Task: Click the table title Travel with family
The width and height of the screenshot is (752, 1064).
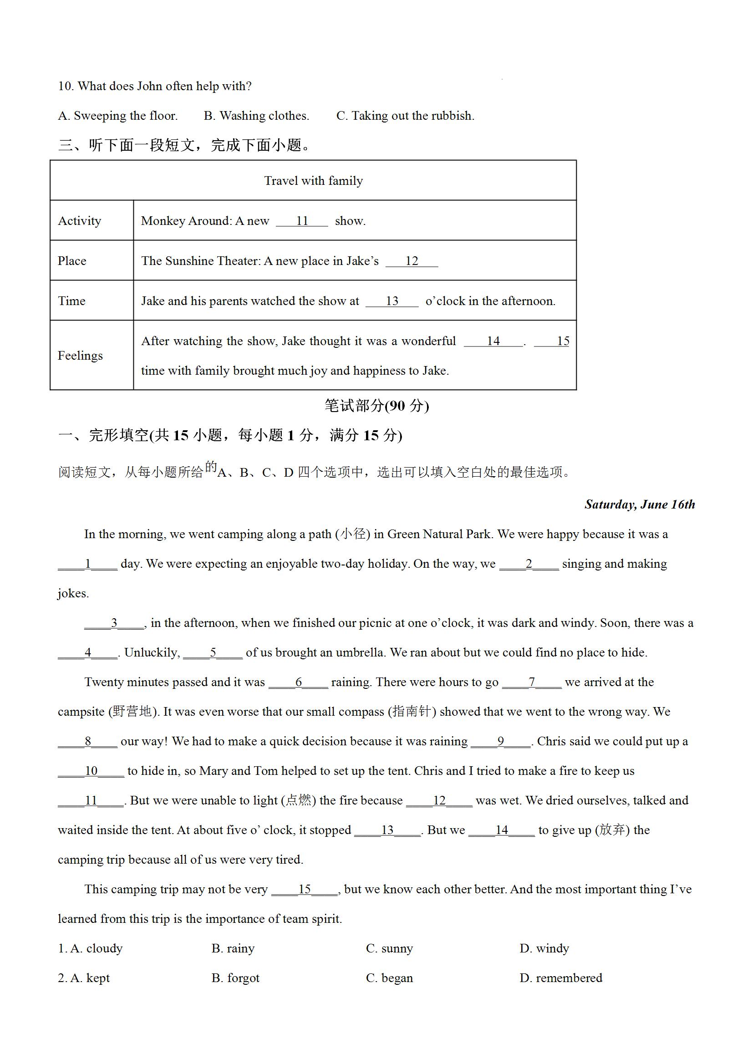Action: (313, 181)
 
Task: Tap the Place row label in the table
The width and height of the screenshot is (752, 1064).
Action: (72, 261)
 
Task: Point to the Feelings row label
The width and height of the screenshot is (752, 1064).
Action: (80, 356)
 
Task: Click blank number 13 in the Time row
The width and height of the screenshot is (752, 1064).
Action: (392, 301)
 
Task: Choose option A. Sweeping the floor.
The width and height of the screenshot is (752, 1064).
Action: (118, 116)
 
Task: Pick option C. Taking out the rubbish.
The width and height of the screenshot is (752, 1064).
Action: (406, 116)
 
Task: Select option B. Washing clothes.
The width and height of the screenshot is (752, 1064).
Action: (256, 116)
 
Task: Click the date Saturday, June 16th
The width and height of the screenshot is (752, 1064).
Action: (640, 504)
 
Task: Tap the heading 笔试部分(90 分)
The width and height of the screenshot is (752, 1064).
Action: (377, 406)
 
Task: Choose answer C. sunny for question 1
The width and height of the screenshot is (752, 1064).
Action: (389, 949)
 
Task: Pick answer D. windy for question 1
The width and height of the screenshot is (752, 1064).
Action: (544, 949)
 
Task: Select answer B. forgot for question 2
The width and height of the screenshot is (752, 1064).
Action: (235, 978)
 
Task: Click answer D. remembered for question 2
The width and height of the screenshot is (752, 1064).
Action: (561, 978)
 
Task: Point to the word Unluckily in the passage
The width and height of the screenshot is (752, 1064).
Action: (152, 652)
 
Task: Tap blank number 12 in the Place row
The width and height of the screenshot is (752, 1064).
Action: (412, 261)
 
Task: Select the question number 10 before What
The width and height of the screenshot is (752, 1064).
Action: (66, 86)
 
